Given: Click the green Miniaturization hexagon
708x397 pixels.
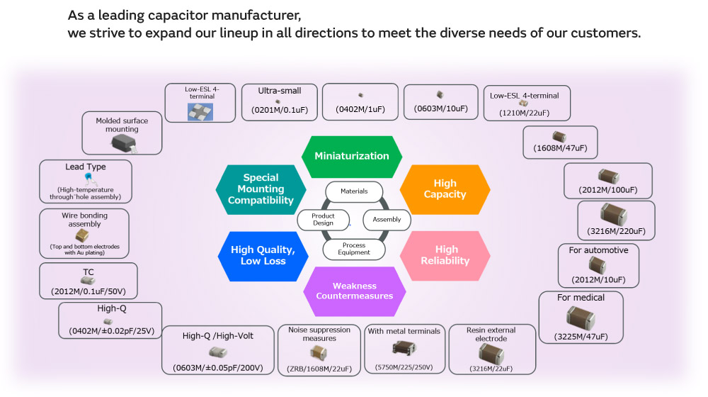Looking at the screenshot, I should [352, 156].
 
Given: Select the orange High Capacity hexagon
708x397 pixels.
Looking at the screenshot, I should [445, 189].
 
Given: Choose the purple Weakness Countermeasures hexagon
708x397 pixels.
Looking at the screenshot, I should [354, 291].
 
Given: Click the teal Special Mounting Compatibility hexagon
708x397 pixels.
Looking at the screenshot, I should [261, 189].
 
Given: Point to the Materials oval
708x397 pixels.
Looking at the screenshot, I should [354, 191].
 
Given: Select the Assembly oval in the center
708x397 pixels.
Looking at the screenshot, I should [387, 220].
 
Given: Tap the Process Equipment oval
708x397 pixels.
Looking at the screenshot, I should [354, 249].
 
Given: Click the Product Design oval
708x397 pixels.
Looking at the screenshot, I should [323, 220].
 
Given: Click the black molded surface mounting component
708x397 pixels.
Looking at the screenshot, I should [125, 142].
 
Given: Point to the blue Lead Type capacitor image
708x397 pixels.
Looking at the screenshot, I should [88, 177].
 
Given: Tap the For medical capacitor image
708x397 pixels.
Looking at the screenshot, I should [581, 317].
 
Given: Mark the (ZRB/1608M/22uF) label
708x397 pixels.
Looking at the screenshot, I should [319, 368].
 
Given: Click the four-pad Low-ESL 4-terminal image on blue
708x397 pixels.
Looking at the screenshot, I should [200, 111].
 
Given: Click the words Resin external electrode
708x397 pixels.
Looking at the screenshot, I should [491, 334].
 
